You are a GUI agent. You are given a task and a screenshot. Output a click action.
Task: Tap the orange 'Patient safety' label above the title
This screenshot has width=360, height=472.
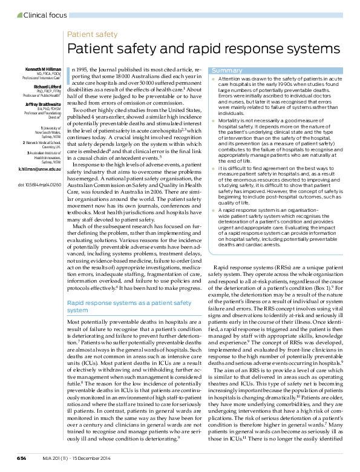(x=92, y=34)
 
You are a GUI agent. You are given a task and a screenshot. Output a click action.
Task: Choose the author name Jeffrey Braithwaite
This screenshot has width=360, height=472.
(x=42, y=103)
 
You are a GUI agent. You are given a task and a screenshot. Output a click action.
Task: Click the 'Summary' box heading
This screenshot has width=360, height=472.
(x=227, y=71)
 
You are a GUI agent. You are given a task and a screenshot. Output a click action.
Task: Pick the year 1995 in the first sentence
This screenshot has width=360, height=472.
(x=85, y=70)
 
